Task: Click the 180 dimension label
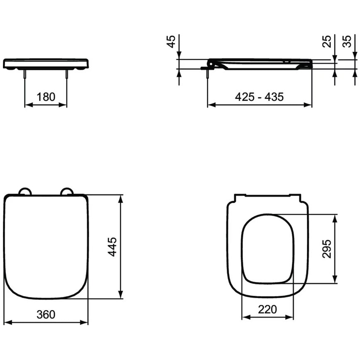click(46, 97)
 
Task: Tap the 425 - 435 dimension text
click(259, 97)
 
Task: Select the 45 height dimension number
click(171, 42)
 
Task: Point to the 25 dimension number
click(327, 42)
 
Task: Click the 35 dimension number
click(347, 42)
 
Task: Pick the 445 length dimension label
click(113, 247)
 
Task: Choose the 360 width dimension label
click(46, 315)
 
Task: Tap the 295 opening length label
click(327, 249)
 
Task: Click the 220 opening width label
click(267, 309)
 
